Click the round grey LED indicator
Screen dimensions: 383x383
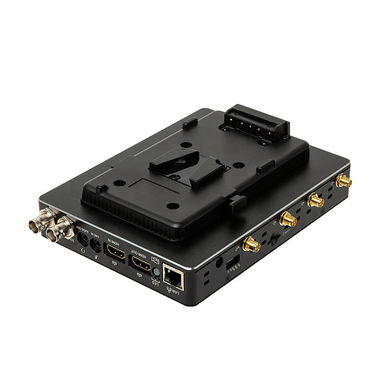156,272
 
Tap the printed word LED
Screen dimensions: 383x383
155,282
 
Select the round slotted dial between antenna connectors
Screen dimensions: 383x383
274,238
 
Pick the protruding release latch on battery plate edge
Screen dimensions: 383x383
237,203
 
